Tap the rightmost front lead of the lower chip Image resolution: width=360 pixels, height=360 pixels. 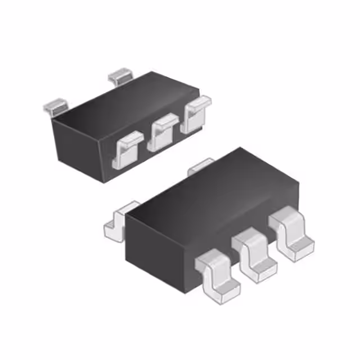(x=291, y=233)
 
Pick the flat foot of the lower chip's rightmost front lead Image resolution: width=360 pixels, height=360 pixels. (x=298, y=247)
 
